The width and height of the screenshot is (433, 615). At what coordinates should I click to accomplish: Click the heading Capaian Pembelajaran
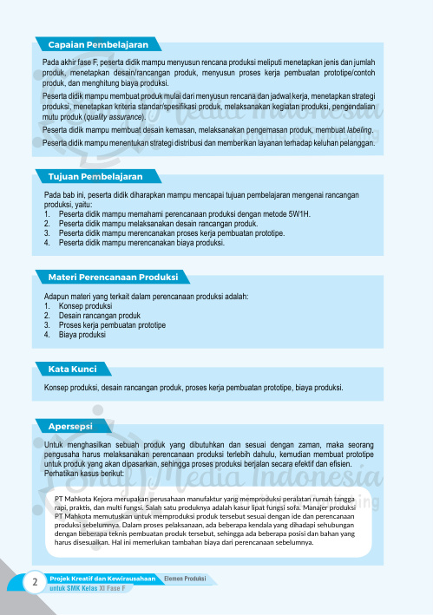click(x=98, y=44)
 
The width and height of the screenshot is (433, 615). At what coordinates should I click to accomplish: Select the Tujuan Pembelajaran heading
click(x=95, y=176)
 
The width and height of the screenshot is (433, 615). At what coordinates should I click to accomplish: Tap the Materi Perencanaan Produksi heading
click(x=113, y=278)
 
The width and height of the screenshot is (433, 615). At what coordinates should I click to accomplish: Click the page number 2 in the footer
click(x=34, y=581)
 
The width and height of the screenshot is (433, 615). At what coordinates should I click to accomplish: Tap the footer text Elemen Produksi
click(x=185, y=578)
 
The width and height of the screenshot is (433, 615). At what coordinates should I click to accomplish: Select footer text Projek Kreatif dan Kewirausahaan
click(x=102, y=578)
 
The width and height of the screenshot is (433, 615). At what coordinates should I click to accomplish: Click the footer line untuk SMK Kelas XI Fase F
click(x=88, y=589)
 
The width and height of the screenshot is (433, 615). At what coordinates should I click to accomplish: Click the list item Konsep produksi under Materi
click(x=88, y=306)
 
